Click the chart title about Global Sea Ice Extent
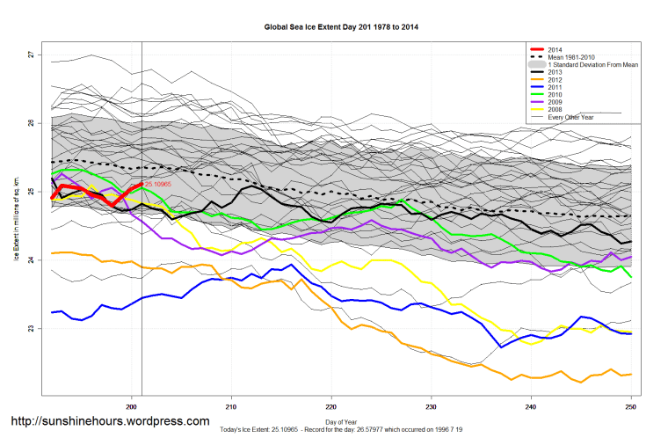point(341,27)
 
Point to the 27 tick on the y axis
point(31,55)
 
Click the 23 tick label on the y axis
point(31,329)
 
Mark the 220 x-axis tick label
point(331,406)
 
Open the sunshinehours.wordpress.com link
point(110,421)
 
